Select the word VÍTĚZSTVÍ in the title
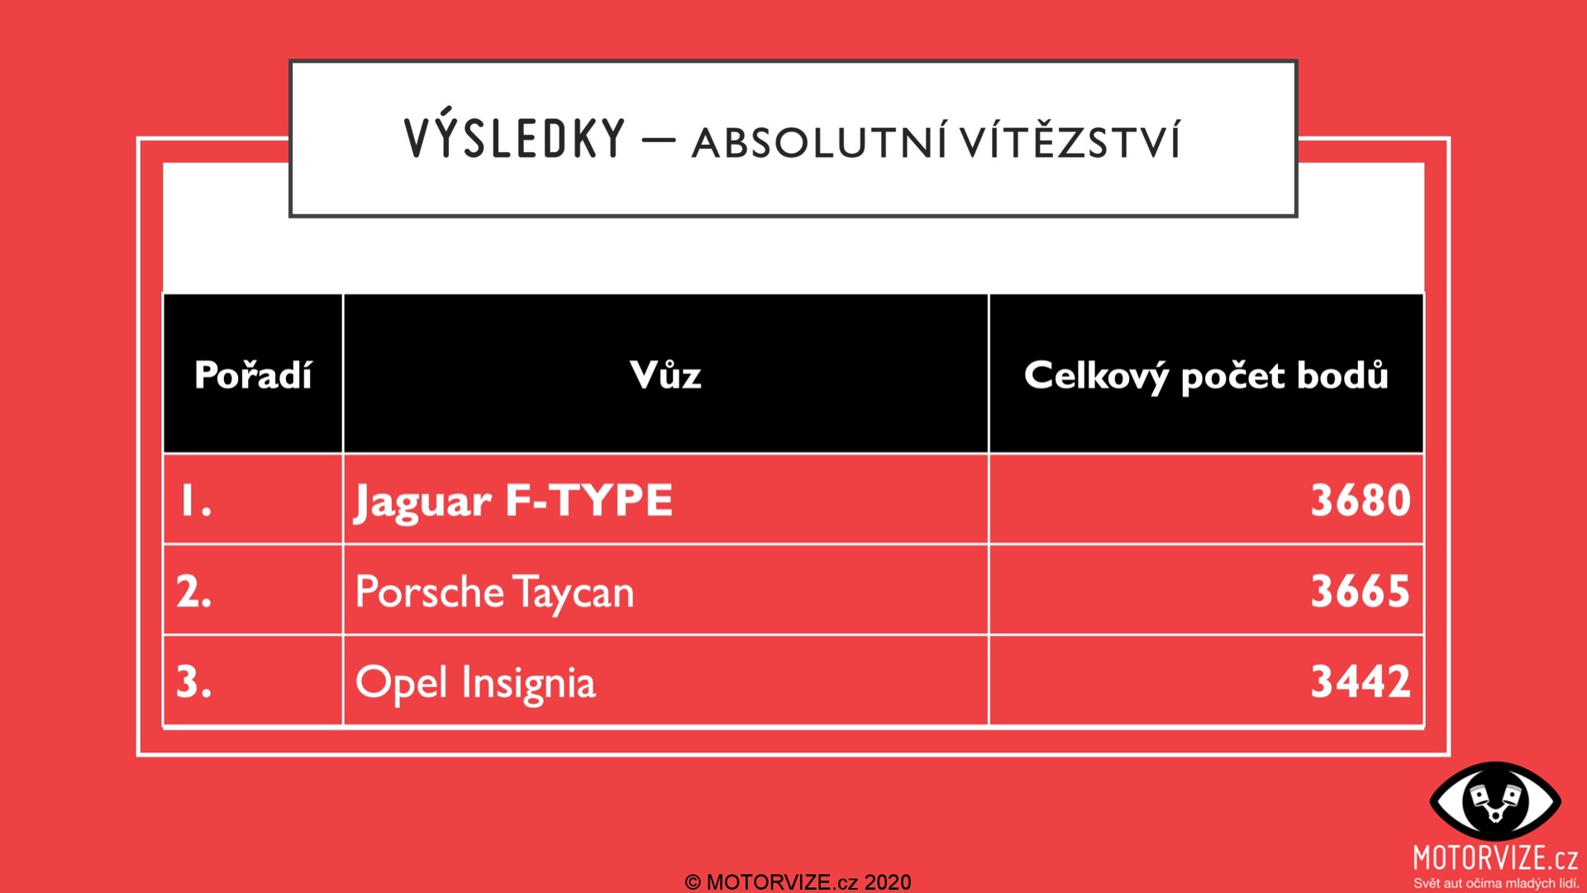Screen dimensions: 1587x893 pos(1070,139)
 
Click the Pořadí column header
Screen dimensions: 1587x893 pos(253,375)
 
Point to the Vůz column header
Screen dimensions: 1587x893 pos(665,375)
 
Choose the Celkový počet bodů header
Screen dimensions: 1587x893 pos(1206,376)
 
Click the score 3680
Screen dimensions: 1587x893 pos(1361,500)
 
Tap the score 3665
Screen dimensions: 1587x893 pos(1361,591)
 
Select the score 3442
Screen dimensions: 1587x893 pos(1361,682)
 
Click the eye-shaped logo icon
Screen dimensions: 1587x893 pos(1495,801)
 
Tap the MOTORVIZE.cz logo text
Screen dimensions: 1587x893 pos(1495,858)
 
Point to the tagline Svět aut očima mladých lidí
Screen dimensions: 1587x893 pos(1496,883)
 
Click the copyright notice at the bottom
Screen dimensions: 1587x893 pos(798,882)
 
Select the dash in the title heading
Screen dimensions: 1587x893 pos(659,139)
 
